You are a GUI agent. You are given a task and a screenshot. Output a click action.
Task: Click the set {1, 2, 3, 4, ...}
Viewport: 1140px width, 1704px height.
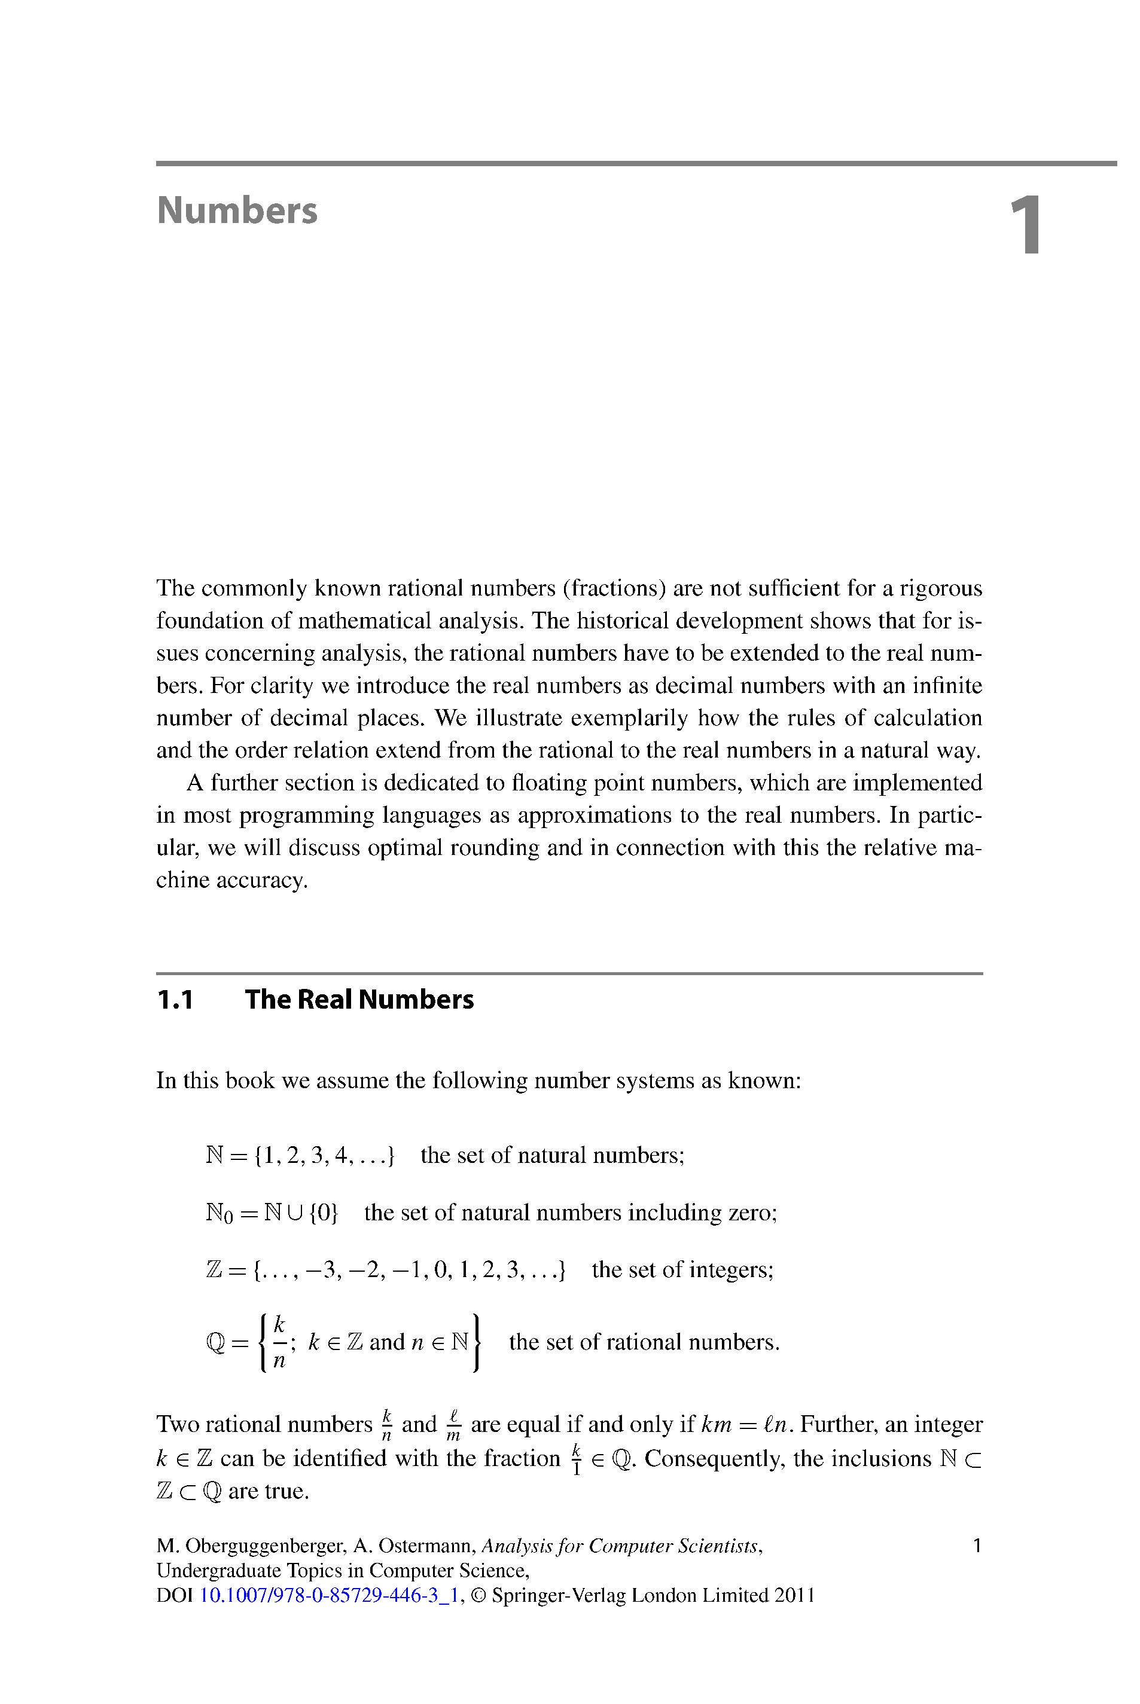click(324, 1155)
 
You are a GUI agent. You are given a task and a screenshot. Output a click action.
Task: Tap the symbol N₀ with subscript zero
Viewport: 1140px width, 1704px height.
click(220, 1213)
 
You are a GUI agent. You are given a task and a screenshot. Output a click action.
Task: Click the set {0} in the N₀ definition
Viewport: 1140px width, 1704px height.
click(324, 1213)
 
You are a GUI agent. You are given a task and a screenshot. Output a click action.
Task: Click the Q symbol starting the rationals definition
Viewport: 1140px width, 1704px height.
click(216, 1342)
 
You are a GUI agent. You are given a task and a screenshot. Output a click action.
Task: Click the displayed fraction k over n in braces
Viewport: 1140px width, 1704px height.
click(279, 1342)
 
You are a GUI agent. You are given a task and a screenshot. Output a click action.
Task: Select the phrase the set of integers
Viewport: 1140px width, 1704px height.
click(681, 1270)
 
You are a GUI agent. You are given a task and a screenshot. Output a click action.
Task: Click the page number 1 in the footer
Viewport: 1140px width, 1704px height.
click(977, 1546)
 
